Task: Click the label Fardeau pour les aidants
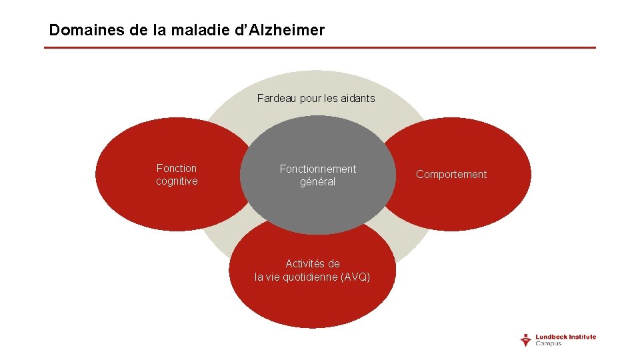[x=316, y=99]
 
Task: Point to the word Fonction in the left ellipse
[x=177, y=169]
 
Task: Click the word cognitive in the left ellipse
[x=177, y=181]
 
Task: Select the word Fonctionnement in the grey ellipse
[x=317, y=169]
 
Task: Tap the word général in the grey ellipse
[x=317, y=182]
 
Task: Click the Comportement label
[x=451, y=175]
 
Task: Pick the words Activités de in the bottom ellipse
[x=313, y=264]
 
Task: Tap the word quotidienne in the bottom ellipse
[x=311, y=277]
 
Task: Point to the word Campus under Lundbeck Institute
[x=549, y=344]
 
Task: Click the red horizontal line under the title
[x=320, y=47]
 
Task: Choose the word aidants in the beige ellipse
[x=358, y=99]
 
